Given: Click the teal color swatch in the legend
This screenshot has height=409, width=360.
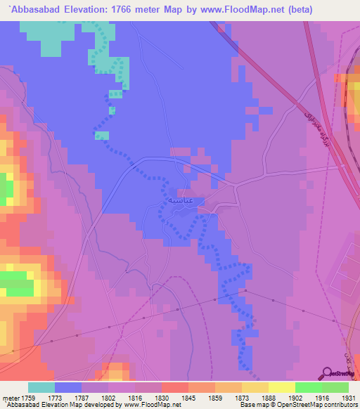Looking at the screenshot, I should pos(41,387).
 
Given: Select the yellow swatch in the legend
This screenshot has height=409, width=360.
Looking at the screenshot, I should pos(282,387).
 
